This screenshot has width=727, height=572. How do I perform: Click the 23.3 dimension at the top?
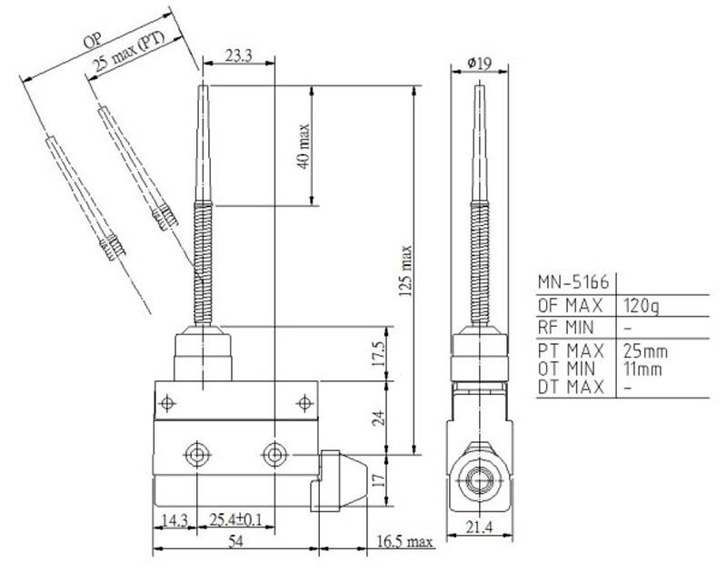tap(238, 55)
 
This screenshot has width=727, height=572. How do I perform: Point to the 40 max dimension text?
tap(304, 146)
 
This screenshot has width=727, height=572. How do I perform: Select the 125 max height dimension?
tap(405, 271)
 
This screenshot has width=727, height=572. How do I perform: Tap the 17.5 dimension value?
tap(378, 353)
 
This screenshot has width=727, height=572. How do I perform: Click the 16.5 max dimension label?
tap(404, 541)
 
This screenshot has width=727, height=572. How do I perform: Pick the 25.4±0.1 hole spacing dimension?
tap(235, 519)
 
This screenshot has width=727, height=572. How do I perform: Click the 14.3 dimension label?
tap(174, 520)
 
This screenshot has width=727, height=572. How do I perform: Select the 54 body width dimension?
tap(235, 540)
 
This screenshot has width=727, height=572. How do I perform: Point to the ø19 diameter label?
tap(480, 63)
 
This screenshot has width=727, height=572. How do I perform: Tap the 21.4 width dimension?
tap(480, 527)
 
